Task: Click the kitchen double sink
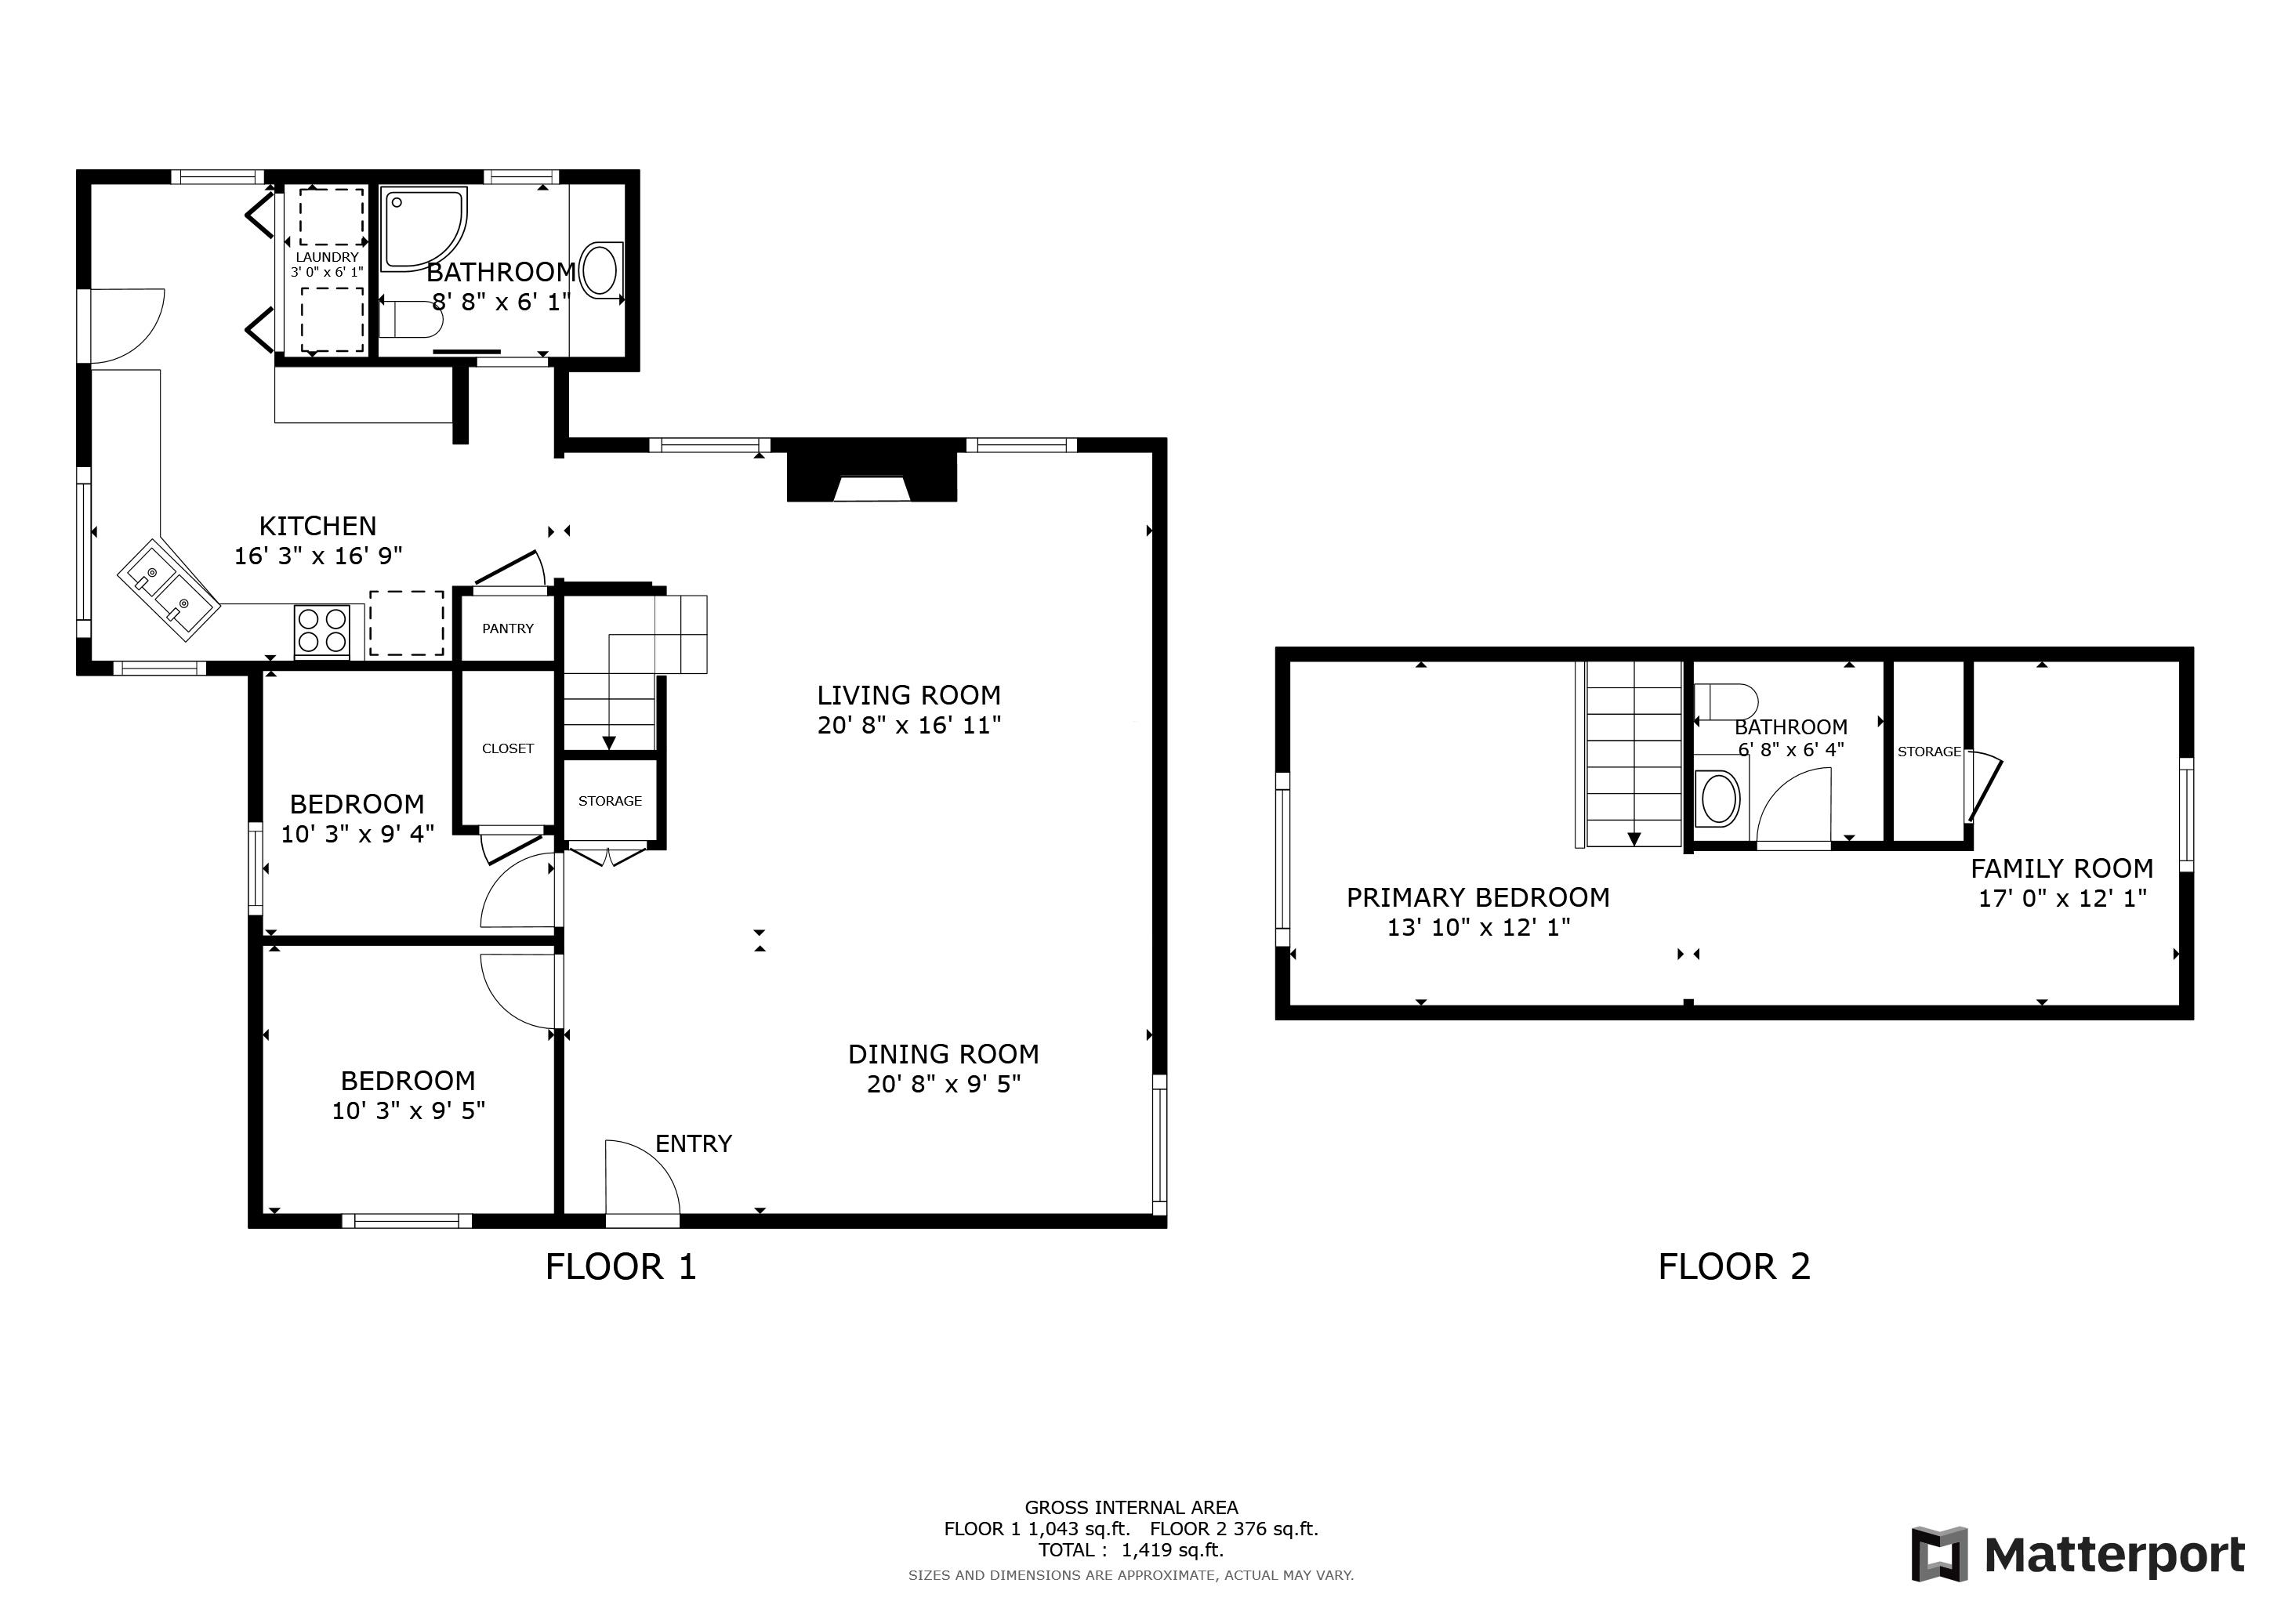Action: click(x=168, y=591)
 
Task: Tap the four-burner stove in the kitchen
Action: click(x=322, y=631)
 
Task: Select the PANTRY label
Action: click(x=508, y=629)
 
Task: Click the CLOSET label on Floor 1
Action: click(x=508, y=748)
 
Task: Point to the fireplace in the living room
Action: click(x=871, y=478)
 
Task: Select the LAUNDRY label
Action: click(x=327, y=257)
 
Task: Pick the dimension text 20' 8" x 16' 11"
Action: click(x=908, y=726)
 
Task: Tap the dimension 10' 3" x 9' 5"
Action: click(x=408, y=1110)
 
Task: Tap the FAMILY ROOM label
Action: click(x=2061, y=868)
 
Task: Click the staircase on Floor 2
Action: click(x=1632, y=753)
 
